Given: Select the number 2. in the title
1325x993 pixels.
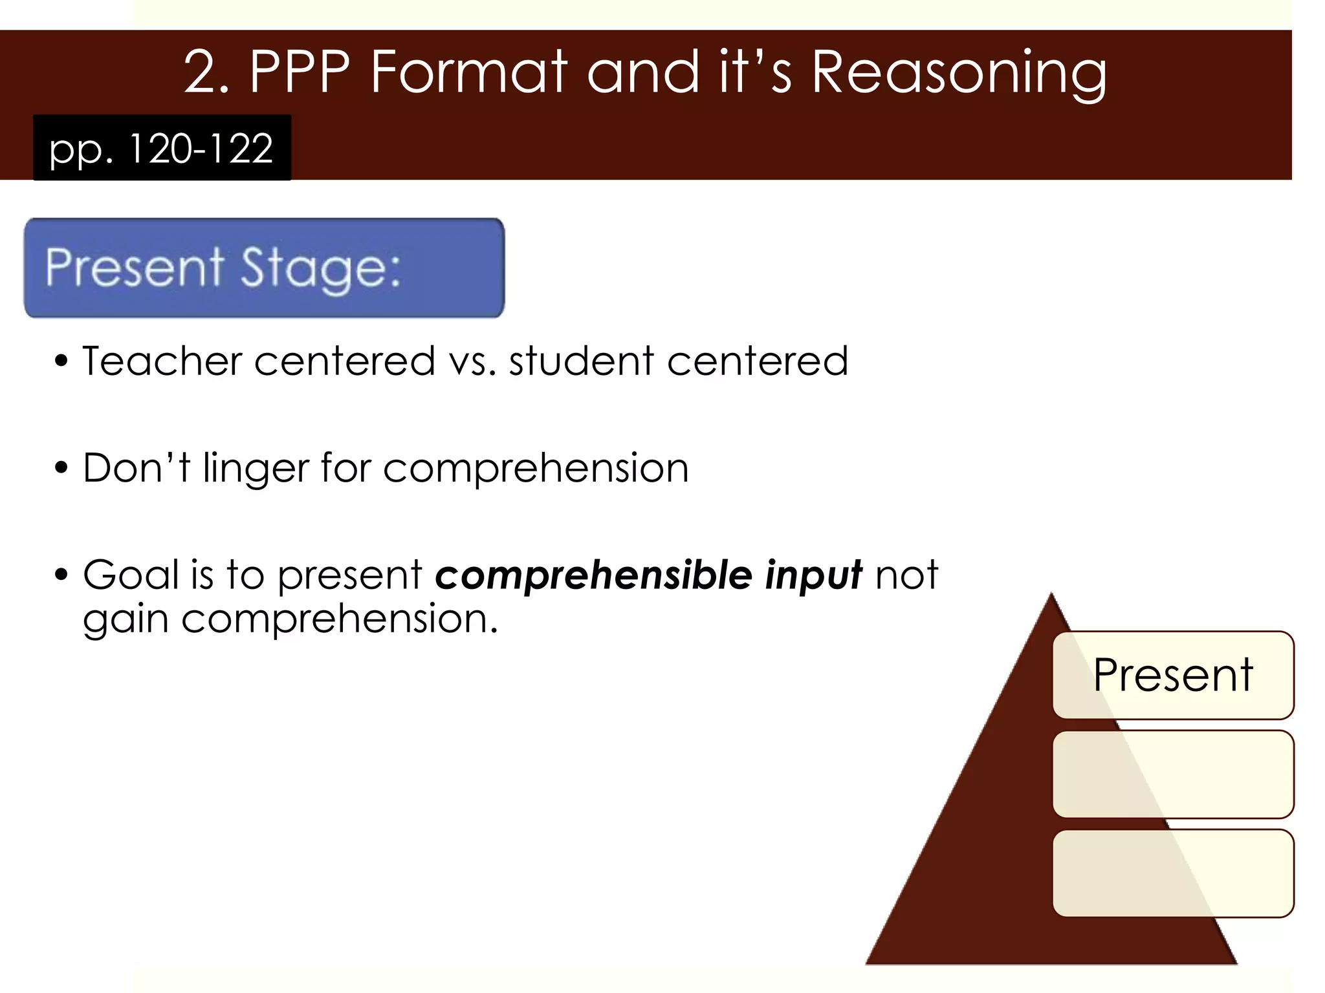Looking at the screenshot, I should point(206,72).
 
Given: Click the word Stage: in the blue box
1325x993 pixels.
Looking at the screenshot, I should point(321,268).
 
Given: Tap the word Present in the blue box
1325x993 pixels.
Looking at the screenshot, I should point(135,266).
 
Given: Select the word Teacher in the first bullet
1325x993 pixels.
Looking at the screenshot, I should point(162,361).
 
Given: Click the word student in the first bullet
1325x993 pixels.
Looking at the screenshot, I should point(581,361).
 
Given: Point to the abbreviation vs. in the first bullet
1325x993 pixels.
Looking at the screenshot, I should point(473,362).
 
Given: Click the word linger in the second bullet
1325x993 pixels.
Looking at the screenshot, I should point(256,468).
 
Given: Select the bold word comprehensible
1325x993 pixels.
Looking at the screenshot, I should point(593,575).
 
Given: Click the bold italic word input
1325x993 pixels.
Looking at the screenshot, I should point(813,575).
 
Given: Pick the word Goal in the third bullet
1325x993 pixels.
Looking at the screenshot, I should point(131,574).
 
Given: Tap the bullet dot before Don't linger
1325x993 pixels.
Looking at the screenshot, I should point(61,467).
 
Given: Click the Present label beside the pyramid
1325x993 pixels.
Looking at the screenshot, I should point(1173,675).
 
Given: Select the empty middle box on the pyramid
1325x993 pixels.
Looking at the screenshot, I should point(1173,774).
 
